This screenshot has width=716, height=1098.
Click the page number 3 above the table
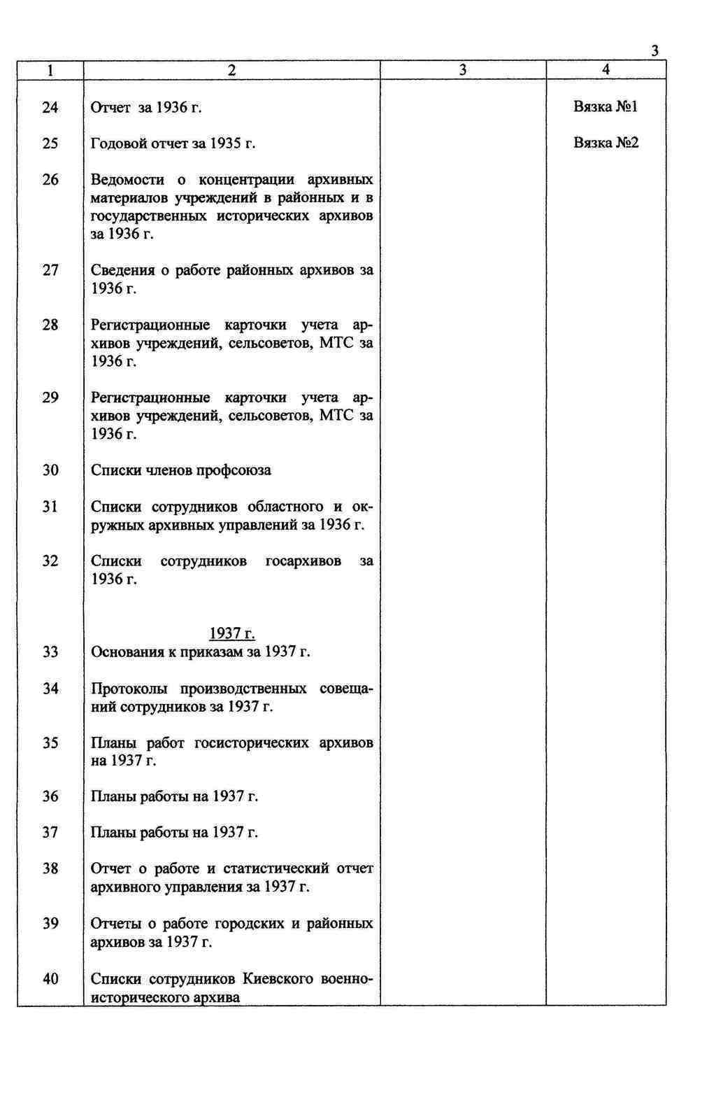[x=654, y=50]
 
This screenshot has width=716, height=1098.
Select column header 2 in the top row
[x=231, y=70]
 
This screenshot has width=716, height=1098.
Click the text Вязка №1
[x=606, y=106]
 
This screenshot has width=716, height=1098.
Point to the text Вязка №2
[x=606, y=143]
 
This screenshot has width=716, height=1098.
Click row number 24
[x=50, y=107]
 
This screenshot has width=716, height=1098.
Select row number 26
[x=50, y=180]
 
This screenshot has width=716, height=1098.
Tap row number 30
[x=50, y=470]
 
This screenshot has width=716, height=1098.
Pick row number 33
[x=50, y=652]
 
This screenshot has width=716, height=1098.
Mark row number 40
[x=50, y=978]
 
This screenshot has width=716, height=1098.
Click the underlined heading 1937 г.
[x=232, y=634]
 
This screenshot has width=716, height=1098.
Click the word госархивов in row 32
[x=303, y=561]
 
